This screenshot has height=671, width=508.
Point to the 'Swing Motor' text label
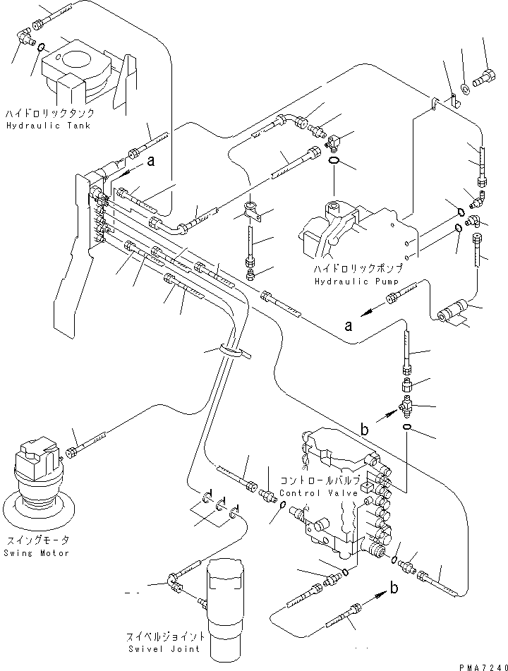[36, 552]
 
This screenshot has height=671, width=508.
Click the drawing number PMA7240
[483, 665]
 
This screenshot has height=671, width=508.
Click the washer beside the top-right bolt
[466, 89]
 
